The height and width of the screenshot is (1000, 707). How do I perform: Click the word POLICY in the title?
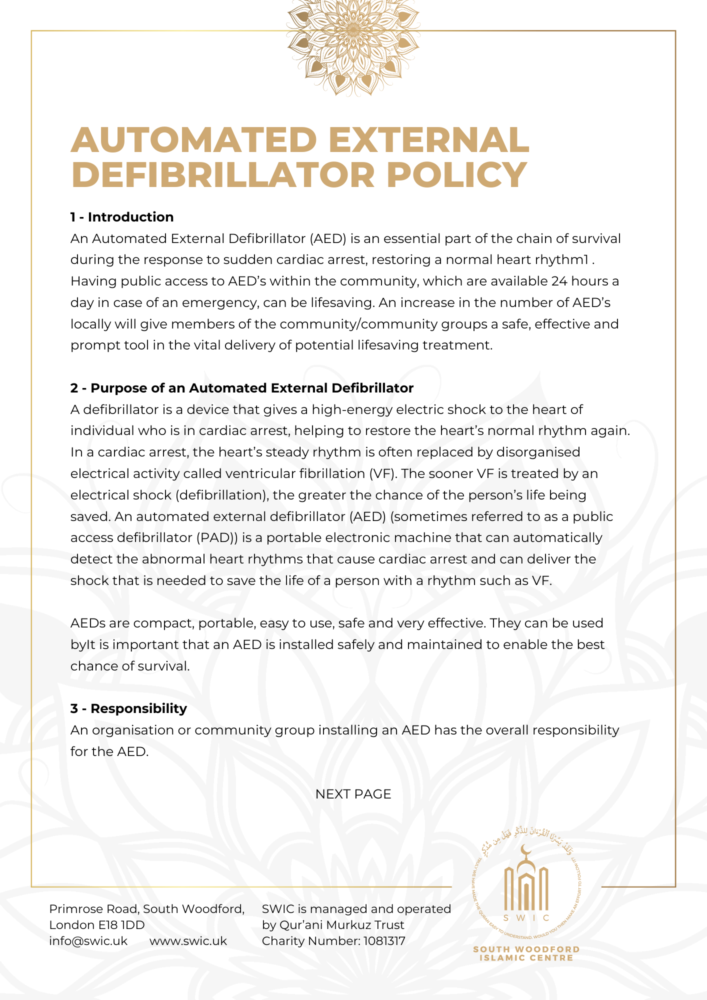click(456, 175)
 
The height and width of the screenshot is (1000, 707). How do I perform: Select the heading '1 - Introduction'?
click(122, 217)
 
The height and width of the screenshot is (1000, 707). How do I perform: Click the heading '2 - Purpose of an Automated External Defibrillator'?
click(242, 388)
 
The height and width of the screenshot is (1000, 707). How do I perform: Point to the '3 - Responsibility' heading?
click(128, 708)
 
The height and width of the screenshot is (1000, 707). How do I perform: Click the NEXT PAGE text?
click(353, 794)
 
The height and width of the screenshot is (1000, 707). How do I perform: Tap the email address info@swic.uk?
click(88, 941)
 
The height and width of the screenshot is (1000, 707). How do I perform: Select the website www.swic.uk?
click(188, 941)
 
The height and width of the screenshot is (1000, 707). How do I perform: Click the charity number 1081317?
click(384, 941)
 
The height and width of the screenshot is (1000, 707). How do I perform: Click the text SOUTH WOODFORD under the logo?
click(526, 949)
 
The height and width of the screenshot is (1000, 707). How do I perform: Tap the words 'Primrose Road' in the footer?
click(94, 909)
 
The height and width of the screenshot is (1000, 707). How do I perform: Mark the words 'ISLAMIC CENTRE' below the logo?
click(526, 958)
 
